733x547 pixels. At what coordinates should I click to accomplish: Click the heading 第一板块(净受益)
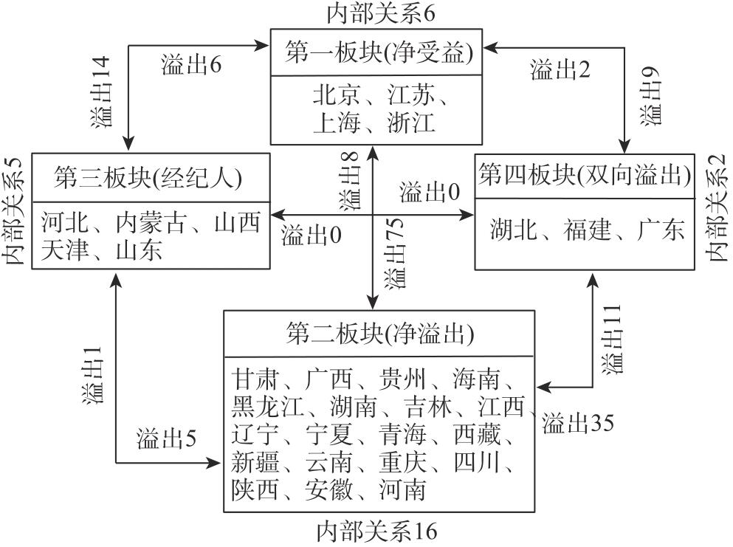[x=379, y=53]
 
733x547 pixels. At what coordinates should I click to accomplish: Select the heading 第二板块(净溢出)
[x=379, y=335]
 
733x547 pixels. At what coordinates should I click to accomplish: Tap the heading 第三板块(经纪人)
[x=148, y=177]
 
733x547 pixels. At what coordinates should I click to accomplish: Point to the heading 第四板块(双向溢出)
[x=585, y=175]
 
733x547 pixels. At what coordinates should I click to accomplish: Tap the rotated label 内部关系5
[x=14, y=210]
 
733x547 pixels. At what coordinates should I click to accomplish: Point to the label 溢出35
[x=578, y=423]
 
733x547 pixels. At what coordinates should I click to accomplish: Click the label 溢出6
[x=191, y=66]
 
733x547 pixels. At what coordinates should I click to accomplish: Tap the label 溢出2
[x=560, y=70]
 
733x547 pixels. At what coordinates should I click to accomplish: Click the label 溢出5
[x=167, y=439]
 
